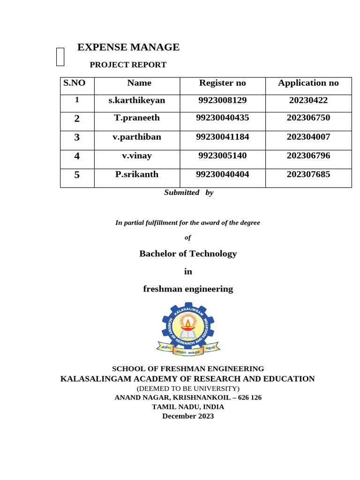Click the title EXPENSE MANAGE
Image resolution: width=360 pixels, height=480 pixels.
point(128,47)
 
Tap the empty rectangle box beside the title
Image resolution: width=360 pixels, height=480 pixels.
point(60,57)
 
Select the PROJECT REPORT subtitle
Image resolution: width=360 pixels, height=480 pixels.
point(128,65)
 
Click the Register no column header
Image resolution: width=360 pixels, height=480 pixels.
point(222,83)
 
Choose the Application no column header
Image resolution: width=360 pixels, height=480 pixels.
point(308,83)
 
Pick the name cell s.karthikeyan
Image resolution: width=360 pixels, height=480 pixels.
point(137,100)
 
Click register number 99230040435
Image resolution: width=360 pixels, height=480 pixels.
point(222,118)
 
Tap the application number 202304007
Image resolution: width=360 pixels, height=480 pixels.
point(308,137)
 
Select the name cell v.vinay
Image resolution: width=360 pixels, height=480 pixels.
point(137,156)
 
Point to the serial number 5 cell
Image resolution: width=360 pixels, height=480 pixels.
point(77,175)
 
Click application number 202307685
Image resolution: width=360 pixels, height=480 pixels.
point(308,174)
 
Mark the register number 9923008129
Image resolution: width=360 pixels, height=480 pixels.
point(222,100)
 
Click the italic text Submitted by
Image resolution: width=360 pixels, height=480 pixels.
point(188,192)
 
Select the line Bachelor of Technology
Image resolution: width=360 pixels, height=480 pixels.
point(188,254)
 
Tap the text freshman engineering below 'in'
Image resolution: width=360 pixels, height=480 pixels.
point(188,289)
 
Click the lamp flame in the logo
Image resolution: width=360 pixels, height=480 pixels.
point(188,322)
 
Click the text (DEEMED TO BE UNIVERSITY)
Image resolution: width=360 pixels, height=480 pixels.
point(188,388)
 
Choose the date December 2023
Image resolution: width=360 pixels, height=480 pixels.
point(188,416)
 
